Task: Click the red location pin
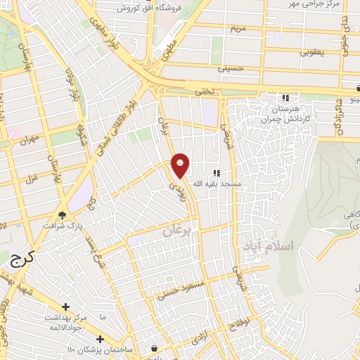click(x=181, y=166)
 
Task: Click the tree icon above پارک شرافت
click(x=63, y=215)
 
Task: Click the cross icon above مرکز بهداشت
click(x=65, y=307)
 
